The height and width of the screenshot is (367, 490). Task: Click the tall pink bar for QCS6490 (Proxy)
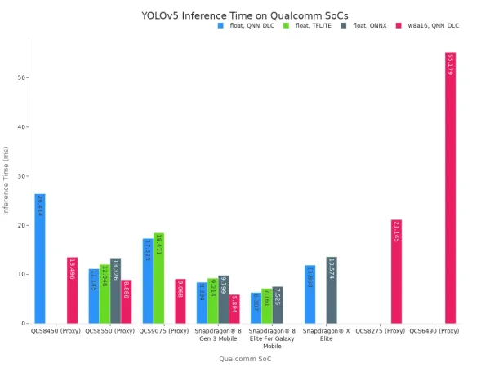[450, 188]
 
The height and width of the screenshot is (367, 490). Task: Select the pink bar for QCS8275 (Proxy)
[396, 272]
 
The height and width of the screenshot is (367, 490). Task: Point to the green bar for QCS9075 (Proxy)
[158, 278]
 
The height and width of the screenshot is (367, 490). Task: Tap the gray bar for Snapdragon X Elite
[332, 290]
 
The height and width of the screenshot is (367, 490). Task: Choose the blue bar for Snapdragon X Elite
[310, 294]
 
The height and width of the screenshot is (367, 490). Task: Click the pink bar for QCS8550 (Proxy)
[126, 302]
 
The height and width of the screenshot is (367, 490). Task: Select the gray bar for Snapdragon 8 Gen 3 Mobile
[224, 299]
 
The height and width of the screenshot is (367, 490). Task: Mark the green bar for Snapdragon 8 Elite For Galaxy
[266, 306]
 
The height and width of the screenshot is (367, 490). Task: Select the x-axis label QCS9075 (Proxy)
[164, 331]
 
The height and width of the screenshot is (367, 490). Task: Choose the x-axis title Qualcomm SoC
[245, 358]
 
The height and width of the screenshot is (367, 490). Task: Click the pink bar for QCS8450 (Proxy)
[73, 290]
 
